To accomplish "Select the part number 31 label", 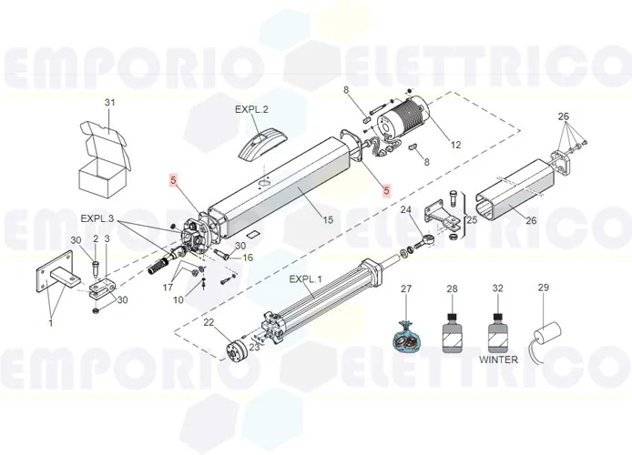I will point(110,103).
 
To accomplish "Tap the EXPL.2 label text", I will point(251,109).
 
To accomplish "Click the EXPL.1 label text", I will point(305,278).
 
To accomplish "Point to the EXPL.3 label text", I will point(97,218).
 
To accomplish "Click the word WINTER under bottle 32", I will point(497,359).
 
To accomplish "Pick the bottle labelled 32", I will point(497,329).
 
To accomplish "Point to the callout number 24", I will point(406,210).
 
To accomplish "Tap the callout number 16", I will point(247,258).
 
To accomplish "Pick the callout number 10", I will point(179,299).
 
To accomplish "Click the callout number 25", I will point(471,220).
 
